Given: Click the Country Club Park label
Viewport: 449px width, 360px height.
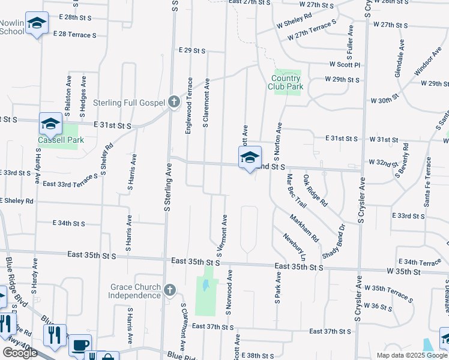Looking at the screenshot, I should [286, 82].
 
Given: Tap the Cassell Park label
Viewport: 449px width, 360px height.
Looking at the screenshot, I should [60, 140].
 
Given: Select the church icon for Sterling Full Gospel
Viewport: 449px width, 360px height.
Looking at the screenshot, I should [174, 101].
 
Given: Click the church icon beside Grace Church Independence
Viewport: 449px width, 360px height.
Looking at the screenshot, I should [169, 290].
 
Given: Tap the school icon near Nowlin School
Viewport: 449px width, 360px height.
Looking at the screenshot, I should [37, 24].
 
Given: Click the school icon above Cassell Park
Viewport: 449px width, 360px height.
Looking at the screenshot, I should [50, 124].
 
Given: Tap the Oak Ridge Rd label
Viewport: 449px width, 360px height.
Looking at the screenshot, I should [315, 191].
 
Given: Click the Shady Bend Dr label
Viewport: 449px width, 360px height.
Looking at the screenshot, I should [334, 242].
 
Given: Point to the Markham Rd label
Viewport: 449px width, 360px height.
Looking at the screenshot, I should [305, 228].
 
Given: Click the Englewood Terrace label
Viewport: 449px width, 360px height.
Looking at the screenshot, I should [190, 105].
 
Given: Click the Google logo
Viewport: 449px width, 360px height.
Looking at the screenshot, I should [20, 353].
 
